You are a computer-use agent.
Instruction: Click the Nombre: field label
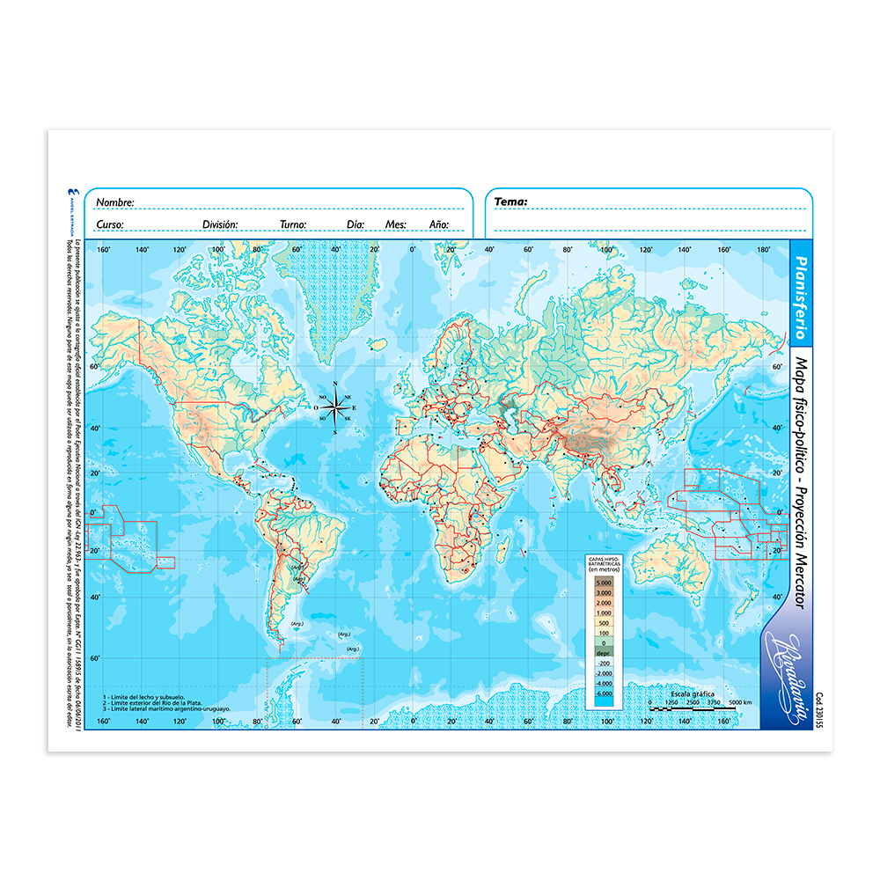pos(115,202)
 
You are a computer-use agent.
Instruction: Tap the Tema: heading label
pos(510,202)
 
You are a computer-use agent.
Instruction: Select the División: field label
pos(220,224)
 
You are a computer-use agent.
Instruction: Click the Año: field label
pos(439,224)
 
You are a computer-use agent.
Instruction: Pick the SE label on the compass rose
pos(348,418)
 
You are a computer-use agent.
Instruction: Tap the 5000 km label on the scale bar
pos(740,702)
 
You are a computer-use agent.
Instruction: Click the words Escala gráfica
pos(692,693)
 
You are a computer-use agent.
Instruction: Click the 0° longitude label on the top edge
pos(412,250)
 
